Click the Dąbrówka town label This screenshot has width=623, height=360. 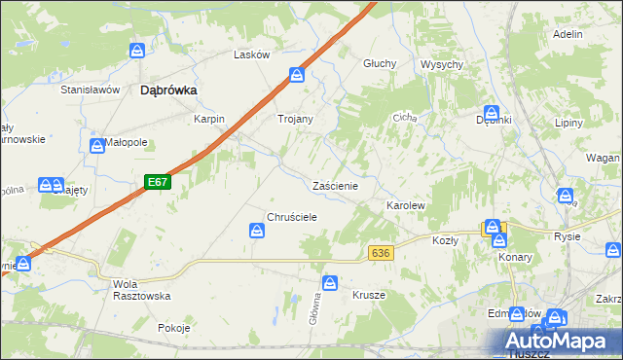coord(169,90)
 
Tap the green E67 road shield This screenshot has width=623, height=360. coord(159,182)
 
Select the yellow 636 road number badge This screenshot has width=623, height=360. coord(381,253)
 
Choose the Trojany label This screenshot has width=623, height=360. coord(295,119)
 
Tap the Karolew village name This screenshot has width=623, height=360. coord(407,206)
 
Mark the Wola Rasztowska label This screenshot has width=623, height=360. coord(142,289)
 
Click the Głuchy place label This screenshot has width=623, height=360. coord(380,63)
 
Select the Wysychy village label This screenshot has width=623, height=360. coord(441,63)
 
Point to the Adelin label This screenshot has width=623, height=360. coord(567,34)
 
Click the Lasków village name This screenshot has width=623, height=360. coord(251,54)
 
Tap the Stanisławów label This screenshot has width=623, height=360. coord(90,89)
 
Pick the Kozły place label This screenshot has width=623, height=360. coord(445,239)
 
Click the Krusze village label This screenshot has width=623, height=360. coord(369,294)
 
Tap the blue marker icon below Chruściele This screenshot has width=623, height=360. coord(257,231)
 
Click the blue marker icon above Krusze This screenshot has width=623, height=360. coord(331,282)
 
